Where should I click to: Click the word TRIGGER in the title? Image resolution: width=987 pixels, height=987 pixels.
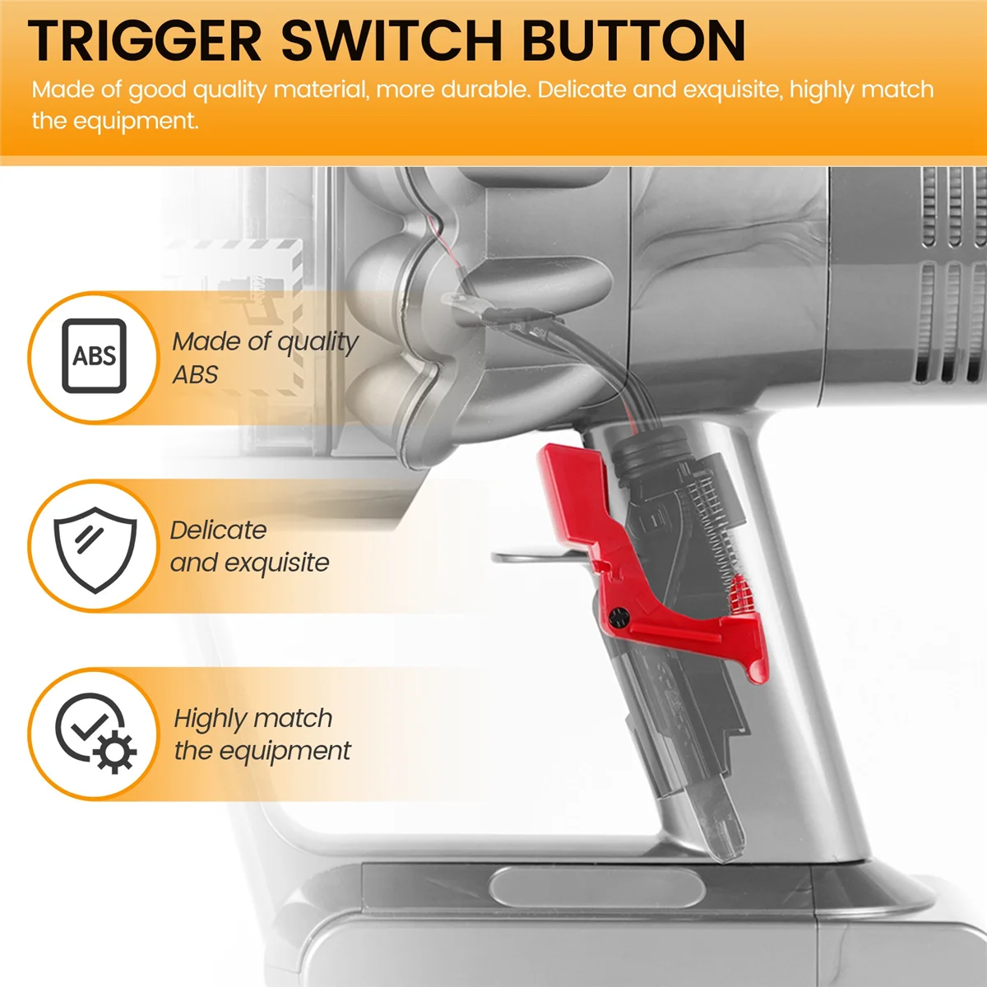click(x=145, y=40)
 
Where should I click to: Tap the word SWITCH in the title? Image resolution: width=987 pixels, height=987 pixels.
click(x=392, y=40)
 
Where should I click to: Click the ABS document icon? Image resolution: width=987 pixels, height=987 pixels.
click(x=94, y=356)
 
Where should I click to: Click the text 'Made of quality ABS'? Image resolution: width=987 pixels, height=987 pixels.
click(x=265, y=357)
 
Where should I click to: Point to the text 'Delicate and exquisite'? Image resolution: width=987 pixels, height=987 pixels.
click(x=248, y=546)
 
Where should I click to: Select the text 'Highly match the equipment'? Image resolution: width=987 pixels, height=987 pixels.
click(x=262, y=734)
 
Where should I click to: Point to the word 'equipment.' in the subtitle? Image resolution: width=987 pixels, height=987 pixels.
click(x=115, y=121)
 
